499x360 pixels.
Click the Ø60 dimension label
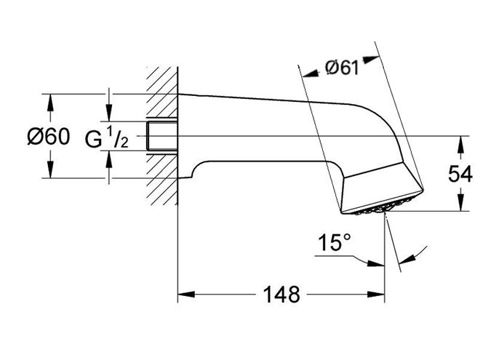[x=48, y=137]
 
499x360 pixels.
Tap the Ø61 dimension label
[x=342, y=68]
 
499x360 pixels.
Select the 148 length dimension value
[x=282, y=295]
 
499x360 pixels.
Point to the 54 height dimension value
[x=460, y=174]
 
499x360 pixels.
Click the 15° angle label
[x=335, y=242]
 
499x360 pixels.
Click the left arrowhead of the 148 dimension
[x=186, y=294]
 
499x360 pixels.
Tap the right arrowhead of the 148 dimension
[x=376, y=294]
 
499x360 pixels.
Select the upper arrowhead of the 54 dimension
[x=460, y=145]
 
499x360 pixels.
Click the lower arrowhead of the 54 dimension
[x=460, y=202]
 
